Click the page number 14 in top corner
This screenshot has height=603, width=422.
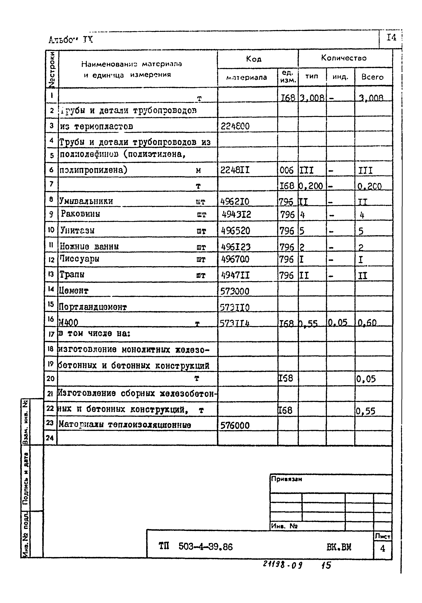click(x=391, y=38)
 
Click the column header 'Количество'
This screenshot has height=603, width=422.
click(x=344, y=58)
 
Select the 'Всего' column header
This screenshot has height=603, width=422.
click(x=372, y=77)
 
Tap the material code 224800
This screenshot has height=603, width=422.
click(x=235, y=127)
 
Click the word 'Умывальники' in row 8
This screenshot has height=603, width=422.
click(x=86, y=201)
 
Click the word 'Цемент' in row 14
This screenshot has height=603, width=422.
click(x=74, y=291)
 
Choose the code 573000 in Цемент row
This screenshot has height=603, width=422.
click(x=234, y=291)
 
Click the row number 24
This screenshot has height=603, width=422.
click(x=50, y=438)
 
